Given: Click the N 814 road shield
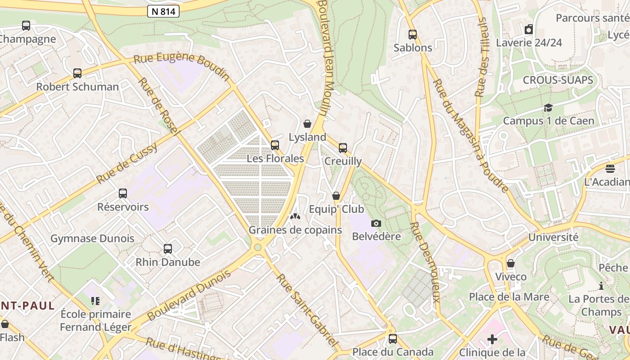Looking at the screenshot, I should pyautogui.click(x=163, y=11).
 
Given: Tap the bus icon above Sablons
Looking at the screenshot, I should pyautogui.click(x=412, y=35).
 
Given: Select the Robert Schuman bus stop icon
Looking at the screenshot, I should pyautogui.click(x=77, y=73).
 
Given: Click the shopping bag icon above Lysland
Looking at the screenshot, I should pyautogui.click(x=307, y=124).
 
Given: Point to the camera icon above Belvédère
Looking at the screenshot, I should pyautogui.click(x=376, y=223).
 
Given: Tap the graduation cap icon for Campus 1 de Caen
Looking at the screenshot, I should pyautogui.click(x=548, y=108).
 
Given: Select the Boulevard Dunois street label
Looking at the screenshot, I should pyautogui.click(x=189, y=295).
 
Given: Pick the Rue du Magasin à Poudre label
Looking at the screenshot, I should pyautogui.click(x=470, y=135).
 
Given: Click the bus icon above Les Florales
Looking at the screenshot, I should pyautogui.click(x=275, y=145).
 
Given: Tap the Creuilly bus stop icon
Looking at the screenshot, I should pyautogui.click(x=343, y=148).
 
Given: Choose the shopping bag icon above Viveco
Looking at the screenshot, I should pyautogui.click(x=510, y=263).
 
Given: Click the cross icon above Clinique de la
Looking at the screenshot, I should pyautogui.click(x=492, y=339).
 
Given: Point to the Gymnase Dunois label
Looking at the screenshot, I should pyautogui.click(x=92, y=238).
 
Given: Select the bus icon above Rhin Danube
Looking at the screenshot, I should pyautogui.click(x=168, y=249).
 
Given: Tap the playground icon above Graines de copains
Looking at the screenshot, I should pyautogui.click(x=295, y=217).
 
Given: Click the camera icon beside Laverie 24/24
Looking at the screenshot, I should pyautogui.click(x=529, y=30).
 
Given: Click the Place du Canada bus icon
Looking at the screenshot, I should pyautogui.click(x=393, y=339).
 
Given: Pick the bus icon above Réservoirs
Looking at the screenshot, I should pyautogui.click(x=123, y=193).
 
